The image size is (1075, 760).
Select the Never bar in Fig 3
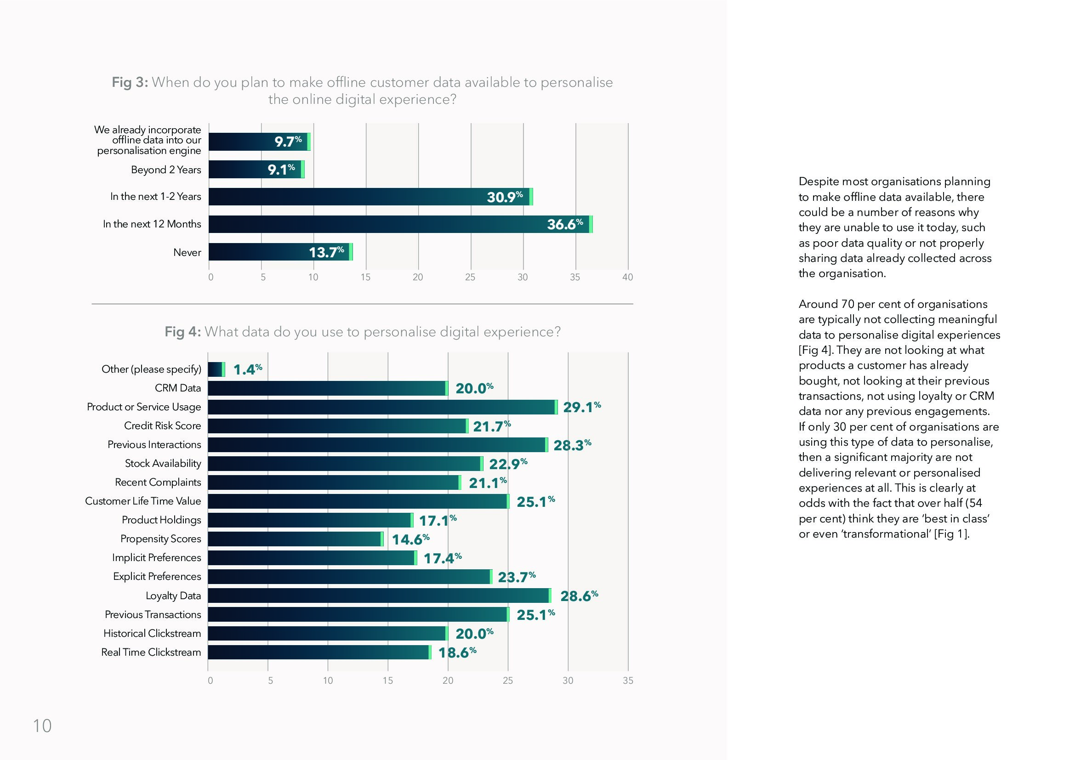point(280,252)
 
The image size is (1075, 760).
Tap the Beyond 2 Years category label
point(166,170)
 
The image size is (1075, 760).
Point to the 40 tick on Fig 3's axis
point(627,277)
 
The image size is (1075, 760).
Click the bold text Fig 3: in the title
point(130,82)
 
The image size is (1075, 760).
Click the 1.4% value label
point(247,369)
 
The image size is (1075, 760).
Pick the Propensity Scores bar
point(296,539)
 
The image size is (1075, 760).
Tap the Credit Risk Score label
point(162,425)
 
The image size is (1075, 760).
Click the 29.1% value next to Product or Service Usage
point(581,407)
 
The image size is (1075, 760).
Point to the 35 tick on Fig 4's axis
point(628,681)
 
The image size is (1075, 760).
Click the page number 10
point(42,726)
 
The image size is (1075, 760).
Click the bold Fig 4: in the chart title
point(182,332)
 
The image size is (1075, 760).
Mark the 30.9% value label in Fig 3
point(504,197)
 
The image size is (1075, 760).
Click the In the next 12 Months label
point(152,224)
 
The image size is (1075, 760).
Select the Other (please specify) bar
point(216,369)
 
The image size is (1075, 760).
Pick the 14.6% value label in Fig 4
point(410,539)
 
